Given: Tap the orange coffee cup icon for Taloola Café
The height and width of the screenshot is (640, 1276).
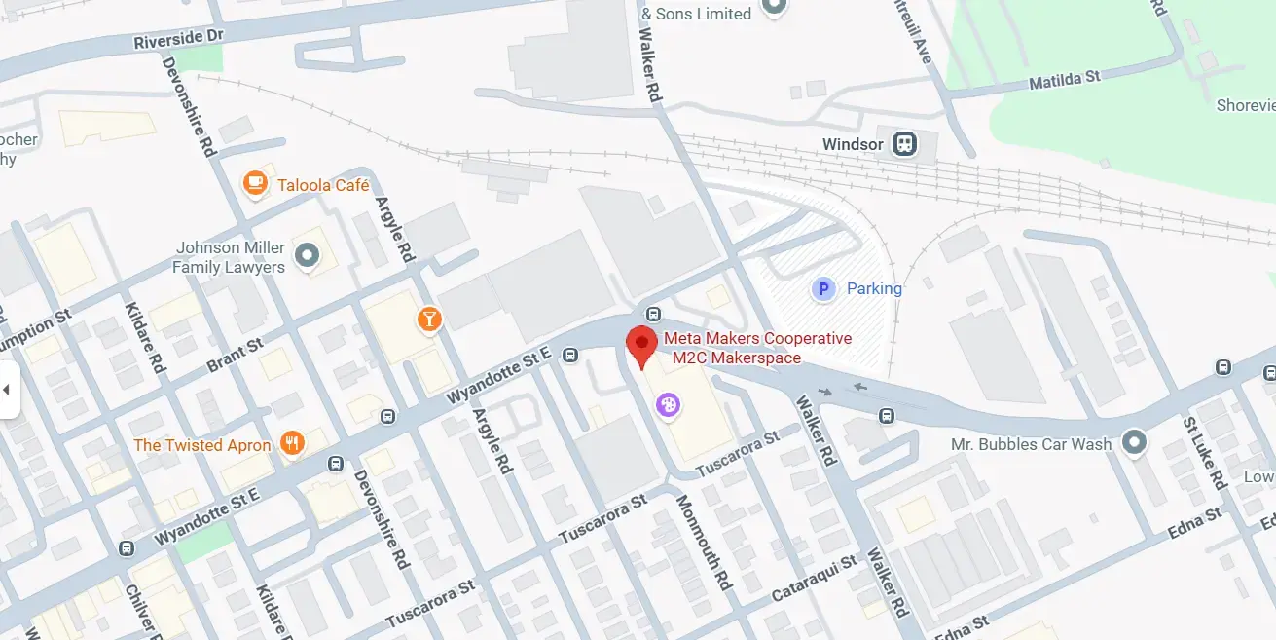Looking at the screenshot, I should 255,183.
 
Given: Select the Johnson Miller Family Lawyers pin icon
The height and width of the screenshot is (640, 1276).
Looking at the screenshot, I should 308,256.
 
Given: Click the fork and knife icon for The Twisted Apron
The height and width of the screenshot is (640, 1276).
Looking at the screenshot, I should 291,444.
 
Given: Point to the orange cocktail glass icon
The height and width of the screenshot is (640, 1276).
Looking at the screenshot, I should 427,319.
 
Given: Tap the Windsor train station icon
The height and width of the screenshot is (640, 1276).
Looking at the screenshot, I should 905,144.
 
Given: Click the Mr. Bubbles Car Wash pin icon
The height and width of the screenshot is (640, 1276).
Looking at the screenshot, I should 1132,443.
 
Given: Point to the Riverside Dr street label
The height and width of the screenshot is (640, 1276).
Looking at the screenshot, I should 178,40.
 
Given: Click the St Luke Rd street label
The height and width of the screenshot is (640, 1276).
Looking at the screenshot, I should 1204,453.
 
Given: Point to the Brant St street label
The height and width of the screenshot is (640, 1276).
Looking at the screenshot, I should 235,356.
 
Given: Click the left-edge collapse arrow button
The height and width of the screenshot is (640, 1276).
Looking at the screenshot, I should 8,390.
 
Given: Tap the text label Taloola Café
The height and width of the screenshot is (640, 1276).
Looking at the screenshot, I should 323,185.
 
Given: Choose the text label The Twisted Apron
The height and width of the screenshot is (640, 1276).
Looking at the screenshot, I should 202,445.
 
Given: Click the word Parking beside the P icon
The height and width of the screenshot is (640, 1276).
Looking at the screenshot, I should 874,288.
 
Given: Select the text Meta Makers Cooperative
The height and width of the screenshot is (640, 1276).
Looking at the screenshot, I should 757,339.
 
